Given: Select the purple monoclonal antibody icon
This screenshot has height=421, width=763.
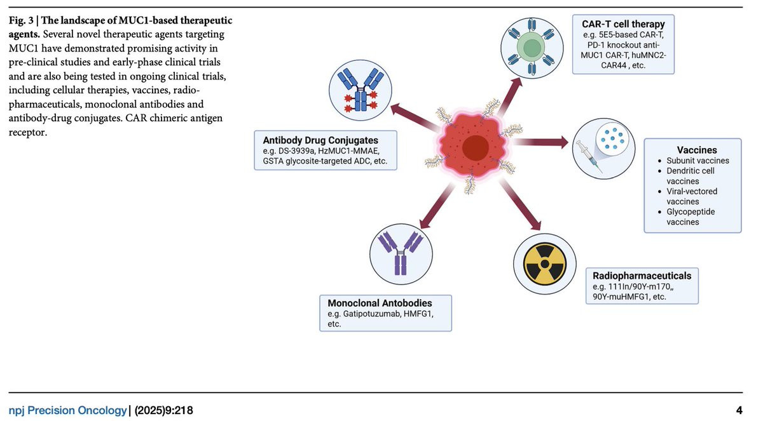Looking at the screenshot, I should [401, 251].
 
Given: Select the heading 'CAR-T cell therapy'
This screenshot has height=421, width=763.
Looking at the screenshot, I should [623, 24].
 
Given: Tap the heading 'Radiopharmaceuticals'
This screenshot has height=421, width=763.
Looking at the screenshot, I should [641, 276].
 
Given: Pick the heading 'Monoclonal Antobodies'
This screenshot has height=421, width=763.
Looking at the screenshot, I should [380, 303].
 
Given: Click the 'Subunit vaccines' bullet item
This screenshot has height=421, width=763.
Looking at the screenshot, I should [698, 161].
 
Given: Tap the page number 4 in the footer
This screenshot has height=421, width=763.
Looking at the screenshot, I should [738, 410].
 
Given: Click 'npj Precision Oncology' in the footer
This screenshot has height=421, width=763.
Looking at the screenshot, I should [67, 410].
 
